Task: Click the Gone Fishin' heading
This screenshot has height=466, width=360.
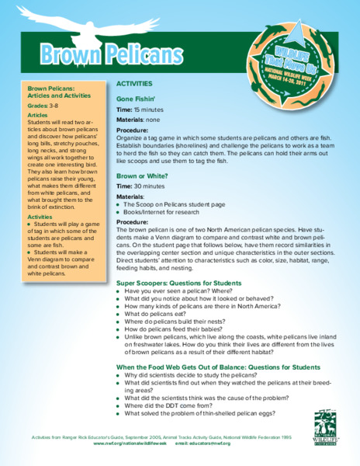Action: [x=136, y=100]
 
